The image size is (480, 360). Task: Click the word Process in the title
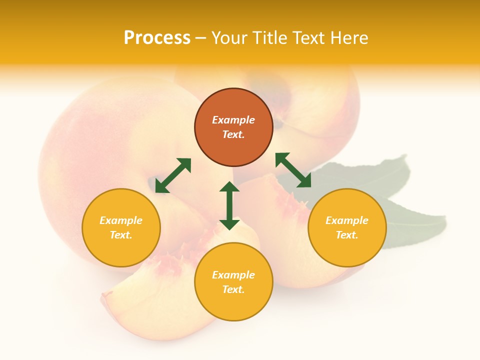pyautogui.click(x=157, y=38)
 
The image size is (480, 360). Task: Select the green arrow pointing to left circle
pyautogui.click(x=173, y=175)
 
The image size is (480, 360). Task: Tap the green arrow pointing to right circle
pyautogui.click(x=293, y=170)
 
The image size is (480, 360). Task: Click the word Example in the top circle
pyautogui.click(x=233, y=120)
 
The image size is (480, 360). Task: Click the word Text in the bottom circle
pyautogui.click(x=233, y=289)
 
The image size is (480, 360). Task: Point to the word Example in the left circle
pyautogui.click(x=121, y=220)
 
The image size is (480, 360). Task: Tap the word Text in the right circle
pyautogui.click(x=347, y=235)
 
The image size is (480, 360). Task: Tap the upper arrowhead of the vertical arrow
pyautogui.click(x=229, y=187)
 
